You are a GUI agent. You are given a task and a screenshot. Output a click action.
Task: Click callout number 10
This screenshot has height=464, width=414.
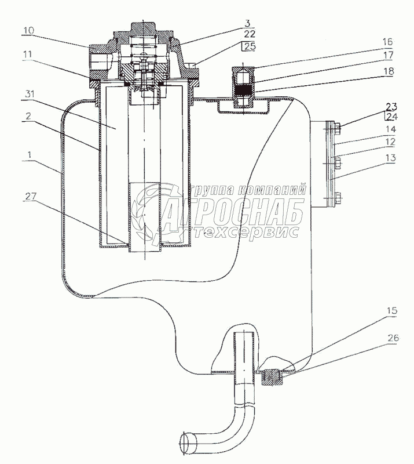tap(28, 30)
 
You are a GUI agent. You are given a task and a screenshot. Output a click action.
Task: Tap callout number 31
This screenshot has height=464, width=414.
tap(30, 94)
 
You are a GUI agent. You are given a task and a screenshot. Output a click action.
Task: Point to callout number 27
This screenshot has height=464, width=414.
tap(30, 196)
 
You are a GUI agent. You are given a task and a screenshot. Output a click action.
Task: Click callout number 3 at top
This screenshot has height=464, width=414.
tap(247, 23)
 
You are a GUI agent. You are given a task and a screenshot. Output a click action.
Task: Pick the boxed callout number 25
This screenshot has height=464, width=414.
tap(250, 46)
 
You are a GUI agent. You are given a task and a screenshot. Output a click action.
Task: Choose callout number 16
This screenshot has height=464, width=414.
tap(387, 42)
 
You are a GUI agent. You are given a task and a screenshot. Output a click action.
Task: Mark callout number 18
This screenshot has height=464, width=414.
tap(388, 71)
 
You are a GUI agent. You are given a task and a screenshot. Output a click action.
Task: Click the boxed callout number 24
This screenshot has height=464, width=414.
tap(391, 117)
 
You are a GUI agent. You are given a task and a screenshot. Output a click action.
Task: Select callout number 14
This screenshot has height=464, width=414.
tap(390, 129)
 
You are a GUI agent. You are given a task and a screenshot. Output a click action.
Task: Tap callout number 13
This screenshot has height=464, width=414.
tap(390, 158)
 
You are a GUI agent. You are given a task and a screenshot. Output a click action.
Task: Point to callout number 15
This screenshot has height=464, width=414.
tap(391, 311)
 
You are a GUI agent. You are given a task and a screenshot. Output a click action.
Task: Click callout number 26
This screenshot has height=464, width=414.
tap(393, 338)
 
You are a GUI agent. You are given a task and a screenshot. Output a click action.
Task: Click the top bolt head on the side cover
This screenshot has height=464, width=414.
tap(338, 128)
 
